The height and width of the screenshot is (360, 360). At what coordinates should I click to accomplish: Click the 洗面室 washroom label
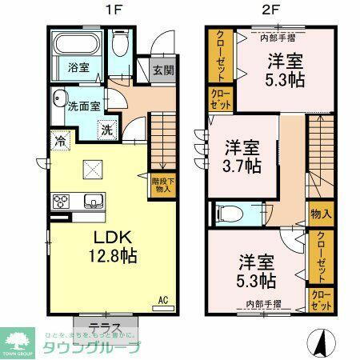click(x=82, y=105)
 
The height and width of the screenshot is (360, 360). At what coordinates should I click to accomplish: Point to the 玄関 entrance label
click(x=162, y=70)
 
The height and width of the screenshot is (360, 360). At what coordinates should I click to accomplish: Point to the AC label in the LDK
click(x=162, y=301)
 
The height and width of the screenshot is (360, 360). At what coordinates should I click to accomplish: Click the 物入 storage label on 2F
click(x=320, y=214)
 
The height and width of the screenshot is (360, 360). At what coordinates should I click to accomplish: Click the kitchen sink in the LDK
click(x=90, y=199)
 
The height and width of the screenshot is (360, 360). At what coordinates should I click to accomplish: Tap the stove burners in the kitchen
click(x=62, y=199)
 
